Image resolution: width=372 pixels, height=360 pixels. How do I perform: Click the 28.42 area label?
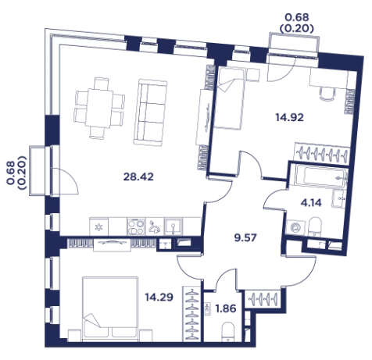point(138,177)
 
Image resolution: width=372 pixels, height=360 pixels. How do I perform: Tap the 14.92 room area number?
point(289,118)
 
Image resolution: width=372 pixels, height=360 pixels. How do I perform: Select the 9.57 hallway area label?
point(245,237)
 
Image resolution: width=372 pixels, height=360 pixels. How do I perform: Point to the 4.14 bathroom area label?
point(311,202)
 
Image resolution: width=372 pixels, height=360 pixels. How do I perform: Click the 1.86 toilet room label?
point(226,308)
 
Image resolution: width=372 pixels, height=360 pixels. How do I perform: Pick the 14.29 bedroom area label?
point(159,297)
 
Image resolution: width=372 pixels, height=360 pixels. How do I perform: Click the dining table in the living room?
point(100,109)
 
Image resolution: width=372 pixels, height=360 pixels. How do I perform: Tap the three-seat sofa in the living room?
point(150,112)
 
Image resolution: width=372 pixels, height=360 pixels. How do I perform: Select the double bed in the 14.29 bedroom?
point(110,308)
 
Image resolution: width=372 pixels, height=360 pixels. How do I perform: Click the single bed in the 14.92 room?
point(229,98)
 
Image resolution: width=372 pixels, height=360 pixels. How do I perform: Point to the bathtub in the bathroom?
point(321,177)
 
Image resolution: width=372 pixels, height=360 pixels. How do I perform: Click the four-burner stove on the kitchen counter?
point(136,226)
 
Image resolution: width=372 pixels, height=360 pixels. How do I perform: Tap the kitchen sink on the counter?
point(173,226)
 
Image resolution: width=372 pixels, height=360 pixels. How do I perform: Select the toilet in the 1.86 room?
point(228,331)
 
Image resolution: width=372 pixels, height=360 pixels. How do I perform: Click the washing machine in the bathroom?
point(296,228)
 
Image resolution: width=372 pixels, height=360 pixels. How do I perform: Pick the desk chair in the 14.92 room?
point(327,94)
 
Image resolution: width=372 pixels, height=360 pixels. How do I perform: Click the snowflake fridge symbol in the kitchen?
point(98,227)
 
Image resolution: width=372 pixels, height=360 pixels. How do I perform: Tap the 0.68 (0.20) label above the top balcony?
point(297,23)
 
